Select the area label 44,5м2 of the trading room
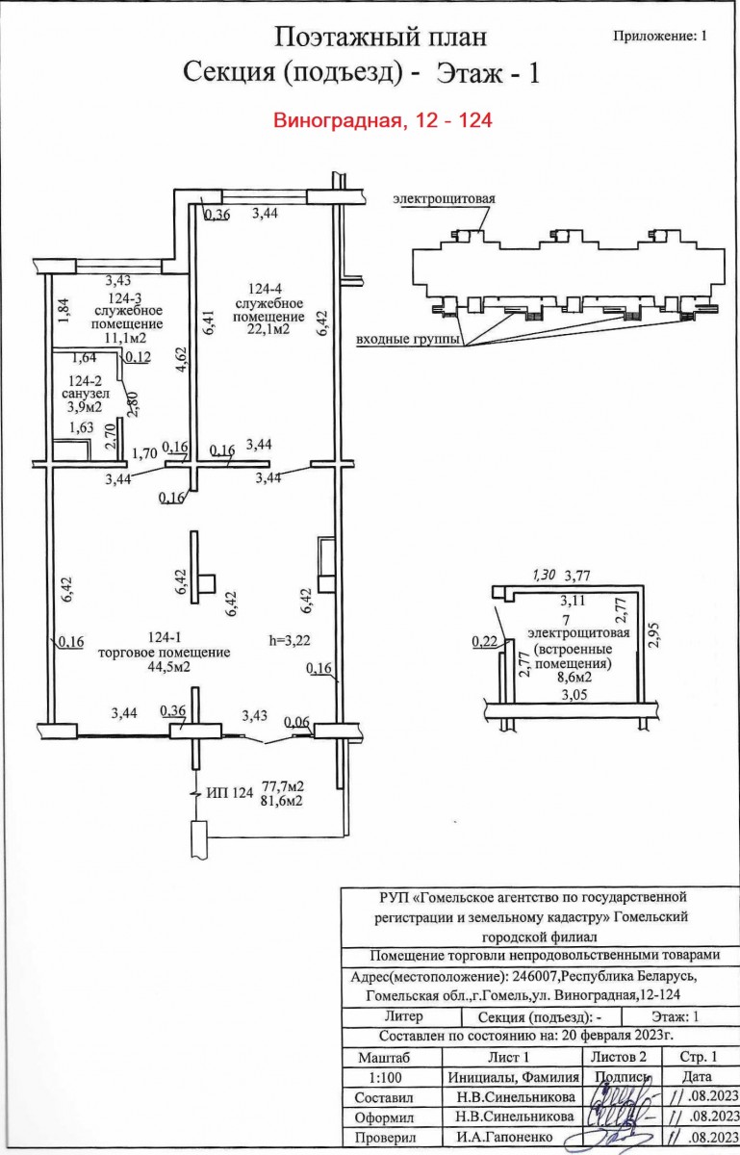point(164,666)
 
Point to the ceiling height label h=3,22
point(292,637)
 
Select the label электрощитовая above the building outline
point(443,199)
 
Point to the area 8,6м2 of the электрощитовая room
point(571,678)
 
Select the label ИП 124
point(229,794)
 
